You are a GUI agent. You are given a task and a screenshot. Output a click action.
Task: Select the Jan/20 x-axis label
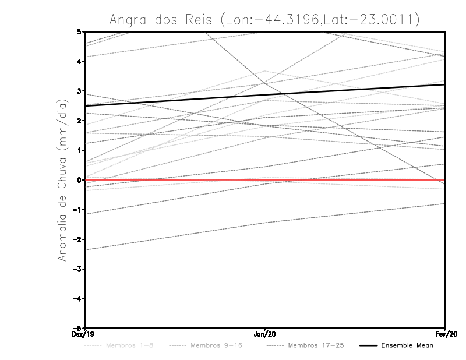coord(265,334)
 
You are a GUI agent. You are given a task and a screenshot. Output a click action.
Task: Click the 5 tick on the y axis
coord(79,31)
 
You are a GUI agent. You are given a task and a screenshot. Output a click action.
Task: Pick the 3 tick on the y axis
coord(79,91)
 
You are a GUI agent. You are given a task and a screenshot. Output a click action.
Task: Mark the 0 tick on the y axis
coord(79,180)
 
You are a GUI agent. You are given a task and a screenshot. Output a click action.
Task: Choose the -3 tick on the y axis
coord(77,269)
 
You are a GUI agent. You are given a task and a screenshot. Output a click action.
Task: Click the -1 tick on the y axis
coord(77,210)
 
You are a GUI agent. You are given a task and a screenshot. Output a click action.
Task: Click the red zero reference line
coord(349,180)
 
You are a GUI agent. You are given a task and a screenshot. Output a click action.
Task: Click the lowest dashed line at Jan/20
coord(265,223)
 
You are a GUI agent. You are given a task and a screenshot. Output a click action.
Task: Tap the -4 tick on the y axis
coord(77,299)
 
